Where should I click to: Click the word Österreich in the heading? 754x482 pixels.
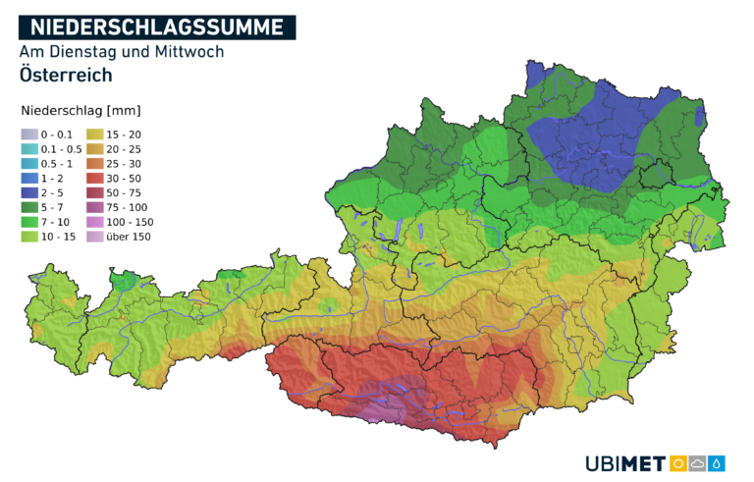point(65,75)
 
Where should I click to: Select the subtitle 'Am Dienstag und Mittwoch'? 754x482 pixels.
point(121,51)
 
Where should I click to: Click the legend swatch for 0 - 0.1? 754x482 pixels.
point(29,134)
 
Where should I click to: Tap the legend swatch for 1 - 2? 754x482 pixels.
point(29,179)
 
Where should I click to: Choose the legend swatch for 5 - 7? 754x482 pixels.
point(29,207)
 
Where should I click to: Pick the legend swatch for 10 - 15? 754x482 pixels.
point(29,237)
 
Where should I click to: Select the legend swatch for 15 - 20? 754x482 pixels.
point(94,134)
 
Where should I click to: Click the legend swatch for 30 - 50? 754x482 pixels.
point(94,179)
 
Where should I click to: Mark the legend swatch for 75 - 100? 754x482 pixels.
point(94,207)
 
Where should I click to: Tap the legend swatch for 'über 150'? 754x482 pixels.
point(94,237)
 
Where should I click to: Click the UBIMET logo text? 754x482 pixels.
point(624,463)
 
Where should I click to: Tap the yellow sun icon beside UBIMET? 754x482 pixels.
point(678,463)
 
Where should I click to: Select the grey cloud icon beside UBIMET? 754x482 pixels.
point(698,463)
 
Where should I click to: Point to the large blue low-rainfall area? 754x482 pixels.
point(589,137)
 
